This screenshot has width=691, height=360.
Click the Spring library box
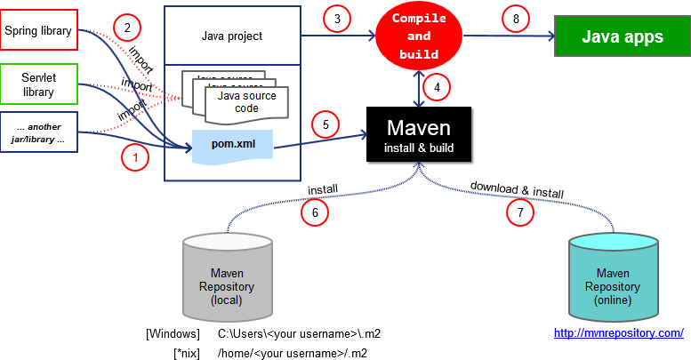(39, 30)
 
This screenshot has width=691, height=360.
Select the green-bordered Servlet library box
(39, 84)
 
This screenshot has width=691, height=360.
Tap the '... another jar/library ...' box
(39, 133)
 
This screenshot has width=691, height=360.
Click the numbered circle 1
(134, 158)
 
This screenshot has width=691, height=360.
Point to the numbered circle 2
(127, 28)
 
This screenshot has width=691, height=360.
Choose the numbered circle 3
(336, 19)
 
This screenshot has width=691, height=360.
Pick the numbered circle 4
(436, 87)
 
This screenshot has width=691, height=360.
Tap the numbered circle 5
(325, 124)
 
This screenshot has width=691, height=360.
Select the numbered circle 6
(315, 212)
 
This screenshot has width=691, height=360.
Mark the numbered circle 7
(520, 212)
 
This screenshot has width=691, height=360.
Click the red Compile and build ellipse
(419, 36)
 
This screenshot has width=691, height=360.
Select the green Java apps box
(622, 36)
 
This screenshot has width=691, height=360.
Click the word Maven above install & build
(418, 127)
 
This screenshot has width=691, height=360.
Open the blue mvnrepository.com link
(618, 333)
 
